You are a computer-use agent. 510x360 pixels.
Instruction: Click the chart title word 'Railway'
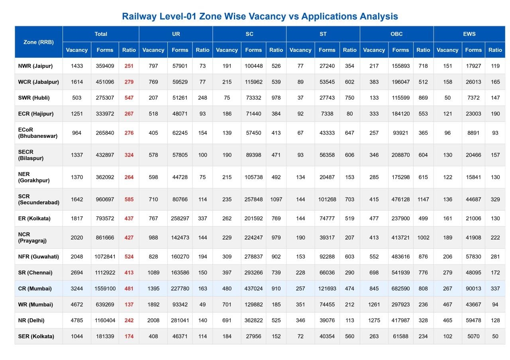tap(139, 17)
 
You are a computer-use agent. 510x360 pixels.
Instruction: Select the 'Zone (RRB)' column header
tap(39, 42)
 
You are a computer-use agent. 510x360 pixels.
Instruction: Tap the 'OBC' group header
tap(396, 34)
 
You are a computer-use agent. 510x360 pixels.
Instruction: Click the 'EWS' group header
tap(469, 34)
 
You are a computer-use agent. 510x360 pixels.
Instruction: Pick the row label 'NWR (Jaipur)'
tap(35, 66)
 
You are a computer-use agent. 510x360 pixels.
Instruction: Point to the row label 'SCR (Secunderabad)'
tap(39, 200)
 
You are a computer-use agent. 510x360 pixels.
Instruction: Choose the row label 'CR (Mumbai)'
tap(35, 289)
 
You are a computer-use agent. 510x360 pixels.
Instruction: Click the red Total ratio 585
tap(129, 200)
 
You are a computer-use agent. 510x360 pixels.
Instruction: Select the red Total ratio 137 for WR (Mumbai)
tap(129, 305)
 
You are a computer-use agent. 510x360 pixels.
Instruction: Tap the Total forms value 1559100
tap(105, 289)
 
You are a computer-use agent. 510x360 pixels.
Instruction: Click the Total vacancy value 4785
tap(77, 321)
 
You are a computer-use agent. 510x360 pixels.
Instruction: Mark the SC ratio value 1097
tap(276, 200)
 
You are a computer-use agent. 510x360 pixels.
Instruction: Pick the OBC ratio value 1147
tap(423, 200)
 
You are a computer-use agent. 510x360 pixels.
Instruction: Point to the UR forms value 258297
tap(180, 219)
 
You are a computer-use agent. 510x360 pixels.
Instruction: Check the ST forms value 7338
tap(327, 114)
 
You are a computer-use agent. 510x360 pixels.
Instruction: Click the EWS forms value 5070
tap(473, 337)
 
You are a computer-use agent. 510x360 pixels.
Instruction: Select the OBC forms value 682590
tap(400, 289)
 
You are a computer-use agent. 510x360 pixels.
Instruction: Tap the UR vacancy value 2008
tap(153, 321)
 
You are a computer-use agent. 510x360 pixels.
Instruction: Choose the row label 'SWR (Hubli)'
tap(34, 98)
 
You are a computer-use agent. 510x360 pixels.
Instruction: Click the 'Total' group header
tap(101, 34)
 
